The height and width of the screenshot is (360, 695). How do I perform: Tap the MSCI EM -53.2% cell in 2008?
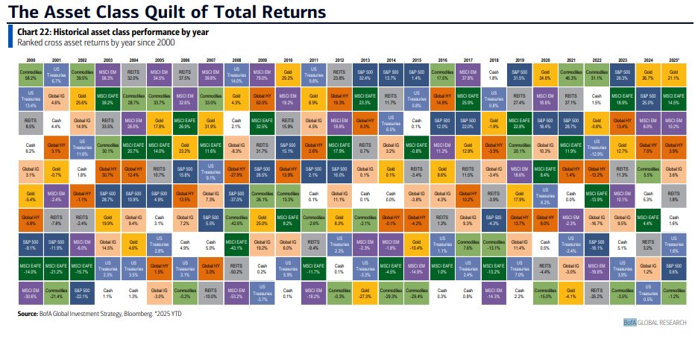(237, 294)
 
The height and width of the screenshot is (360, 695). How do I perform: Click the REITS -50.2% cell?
(237, 270)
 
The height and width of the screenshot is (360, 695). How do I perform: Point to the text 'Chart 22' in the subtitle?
(34, 32)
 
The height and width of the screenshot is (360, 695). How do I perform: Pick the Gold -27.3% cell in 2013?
(365, 294)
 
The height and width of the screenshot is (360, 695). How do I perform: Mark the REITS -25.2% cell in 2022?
(597, 294)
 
